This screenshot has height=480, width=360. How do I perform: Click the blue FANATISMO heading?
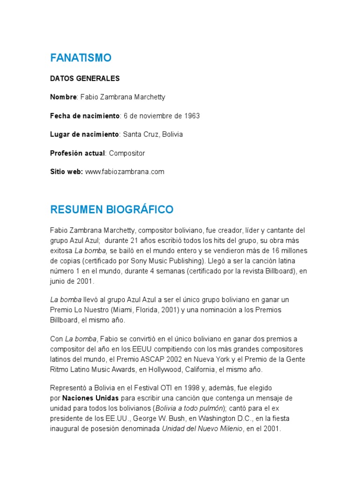point(81,58)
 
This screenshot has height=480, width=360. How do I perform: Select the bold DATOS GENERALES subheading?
point(85,78)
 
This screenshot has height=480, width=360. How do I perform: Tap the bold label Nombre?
point(63,97)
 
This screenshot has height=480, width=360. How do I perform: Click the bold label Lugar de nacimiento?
point(84,135)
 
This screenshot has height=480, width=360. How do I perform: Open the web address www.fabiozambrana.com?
point(125,172)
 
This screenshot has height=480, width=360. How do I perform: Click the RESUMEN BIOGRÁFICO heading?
point(112,209)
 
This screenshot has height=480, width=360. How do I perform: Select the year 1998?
point(189,388)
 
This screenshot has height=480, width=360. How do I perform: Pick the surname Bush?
point(165,418)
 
